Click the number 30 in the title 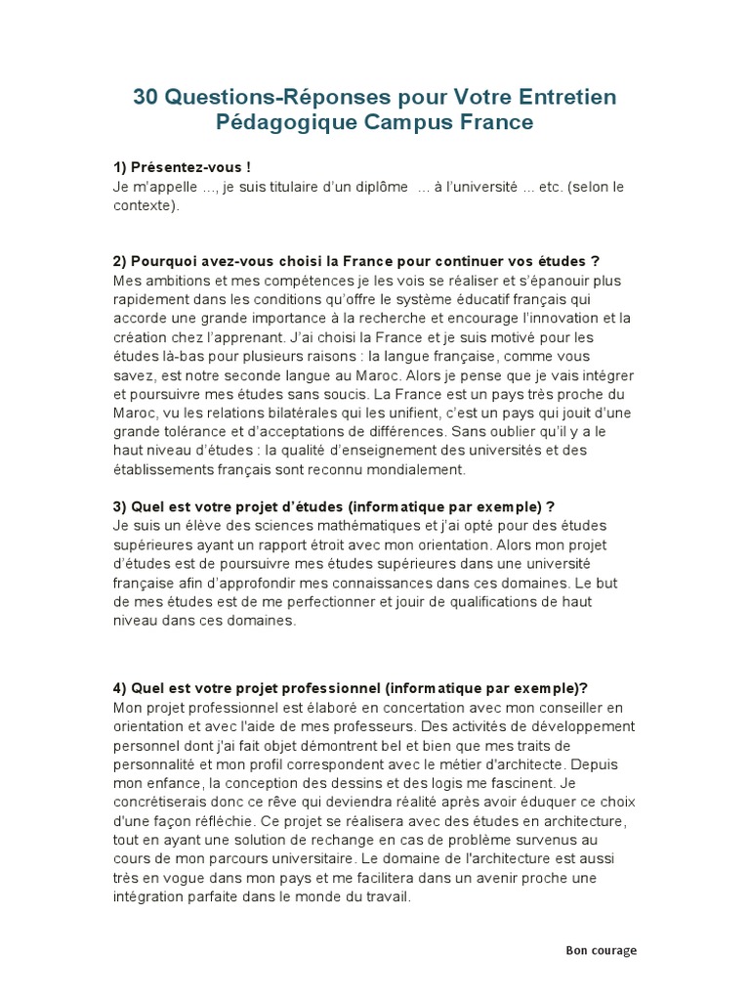point(146,98)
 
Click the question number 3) point(121,506)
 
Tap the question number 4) point(121,687)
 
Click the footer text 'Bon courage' point(601,950)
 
